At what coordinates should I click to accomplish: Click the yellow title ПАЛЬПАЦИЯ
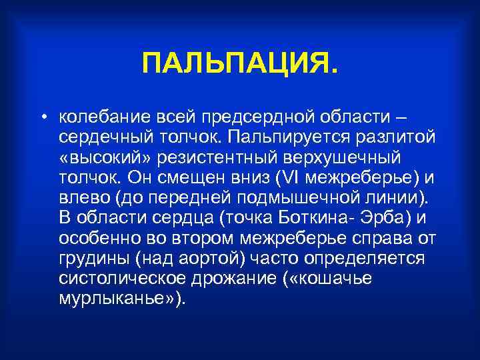[x=240, y=65]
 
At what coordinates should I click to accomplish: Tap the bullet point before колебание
[x=42, y=118]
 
